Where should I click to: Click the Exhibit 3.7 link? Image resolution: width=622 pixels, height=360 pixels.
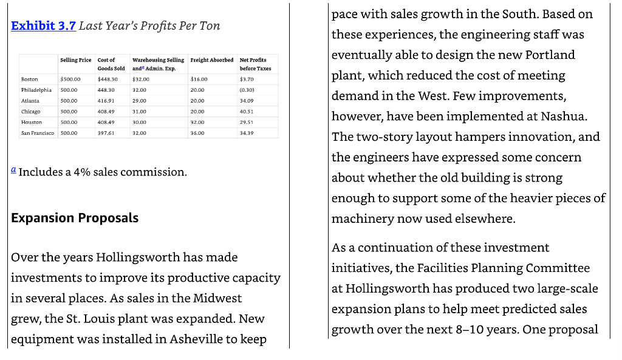43,26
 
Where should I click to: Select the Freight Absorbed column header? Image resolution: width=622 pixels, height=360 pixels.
211,60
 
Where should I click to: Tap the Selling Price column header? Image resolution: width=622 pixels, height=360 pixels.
76,60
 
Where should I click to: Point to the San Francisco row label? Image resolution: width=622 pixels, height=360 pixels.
38,132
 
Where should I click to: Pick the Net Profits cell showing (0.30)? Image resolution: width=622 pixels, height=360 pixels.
247,90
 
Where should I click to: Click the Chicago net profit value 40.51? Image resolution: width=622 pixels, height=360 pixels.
247,112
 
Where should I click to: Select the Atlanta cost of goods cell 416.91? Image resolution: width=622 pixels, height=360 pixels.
106,101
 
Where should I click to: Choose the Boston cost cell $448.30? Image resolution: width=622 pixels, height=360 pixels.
108,80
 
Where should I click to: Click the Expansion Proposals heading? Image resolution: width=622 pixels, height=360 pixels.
75,218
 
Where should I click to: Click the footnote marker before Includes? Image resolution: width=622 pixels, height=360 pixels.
13,171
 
